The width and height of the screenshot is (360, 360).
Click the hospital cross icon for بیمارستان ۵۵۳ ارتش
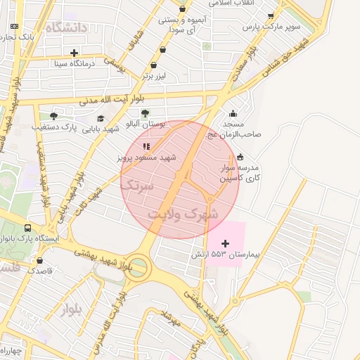(x=225, y=243)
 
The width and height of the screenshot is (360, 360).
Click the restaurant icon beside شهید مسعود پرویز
(x=146, y=146)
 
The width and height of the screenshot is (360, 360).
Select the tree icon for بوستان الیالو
(x=145, y=112)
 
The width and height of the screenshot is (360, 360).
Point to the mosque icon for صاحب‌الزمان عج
(x=233, y=114)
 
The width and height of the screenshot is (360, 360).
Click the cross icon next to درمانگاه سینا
(x=74, y=53)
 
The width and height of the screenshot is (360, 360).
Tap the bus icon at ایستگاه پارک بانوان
(x=27, y=228)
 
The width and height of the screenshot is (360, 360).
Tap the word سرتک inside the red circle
(x=137, y=186)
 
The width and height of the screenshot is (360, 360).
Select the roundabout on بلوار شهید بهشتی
(x=139, y=267)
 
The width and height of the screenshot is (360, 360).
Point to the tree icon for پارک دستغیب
(x=53, y=116)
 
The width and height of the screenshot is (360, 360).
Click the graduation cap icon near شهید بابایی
(x=101, y=119)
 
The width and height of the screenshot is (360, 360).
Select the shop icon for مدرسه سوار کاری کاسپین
(x=241, y=157)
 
